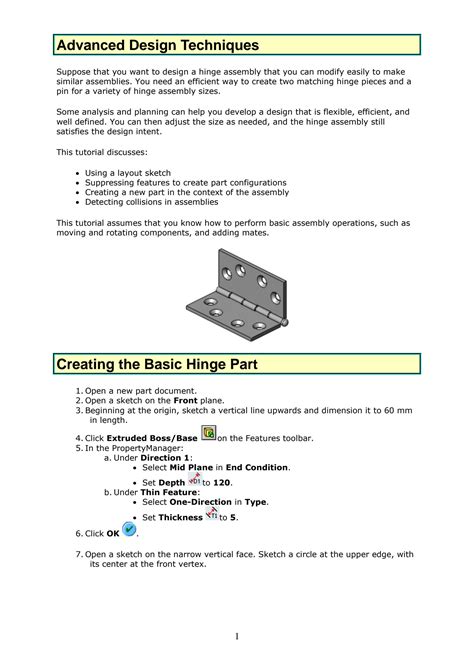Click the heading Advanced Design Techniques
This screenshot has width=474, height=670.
[157, 46]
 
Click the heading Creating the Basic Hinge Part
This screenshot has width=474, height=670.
[157, 364]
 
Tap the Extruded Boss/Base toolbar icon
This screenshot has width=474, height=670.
[208, 433]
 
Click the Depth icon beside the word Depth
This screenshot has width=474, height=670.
[194, 479]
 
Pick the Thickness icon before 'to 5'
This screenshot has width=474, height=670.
[211, 514]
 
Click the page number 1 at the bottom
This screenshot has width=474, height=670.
[237, 637]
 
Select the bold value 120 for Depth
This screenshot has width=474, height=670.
[224, 483]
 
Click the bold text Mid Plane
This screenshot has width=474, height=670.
[191, 467]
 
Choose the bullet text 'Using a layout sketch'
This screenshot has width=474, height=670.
[128, 173]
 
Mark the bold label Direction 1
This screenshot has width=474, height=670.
[165, 456]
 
